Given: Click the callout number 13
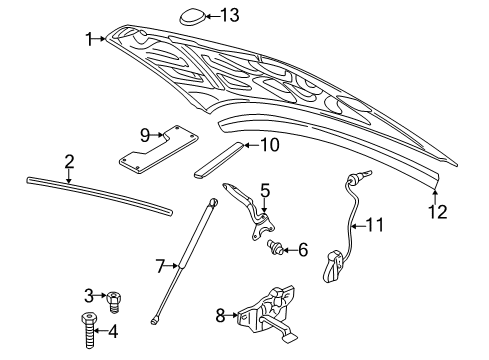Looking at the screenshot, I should (x=230, y=14).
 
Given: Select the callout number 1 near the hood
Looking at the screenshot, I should (x=88, y=39).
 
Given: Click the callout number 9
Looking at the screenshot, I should (x=144, y=133).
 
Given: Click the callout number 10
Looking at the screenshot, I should (x=270, y=145).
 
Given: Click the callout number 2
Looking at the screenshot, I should (x=69, y=160).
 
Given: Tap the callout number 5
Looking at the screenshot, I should (x=265, y=189).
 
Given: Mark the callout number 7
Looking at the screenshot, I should (x=159, y=266).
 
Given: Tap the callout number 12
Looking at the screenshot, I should (x=436, y=211).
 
